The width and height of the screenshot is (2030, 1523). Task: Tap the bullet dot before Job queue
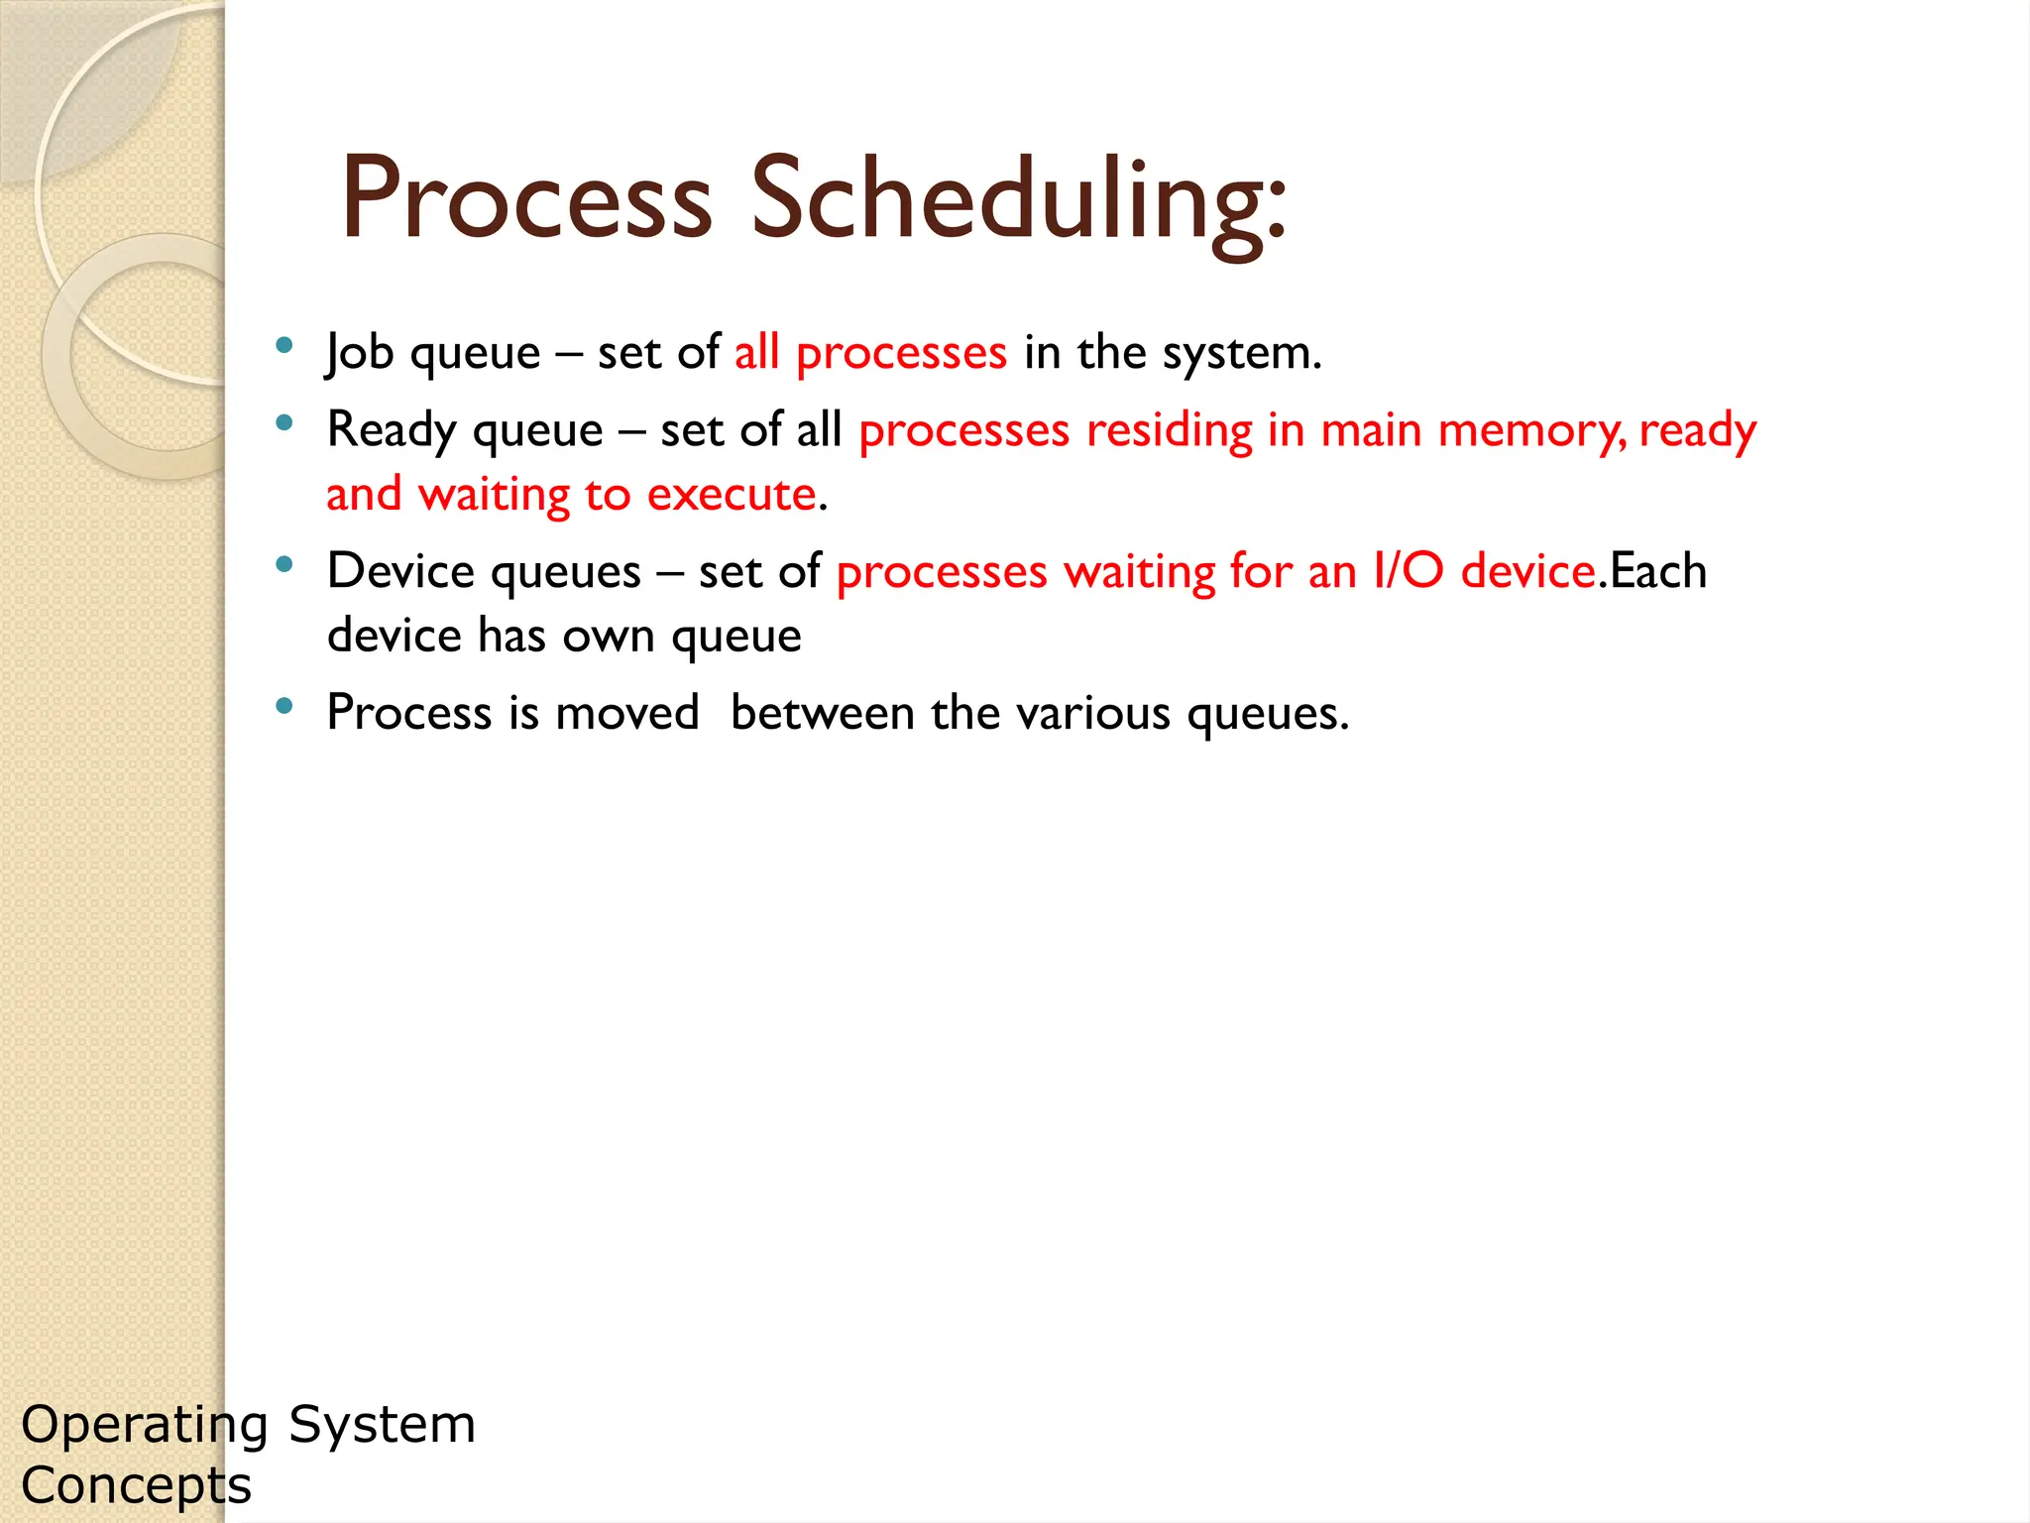click(x=284, y=346)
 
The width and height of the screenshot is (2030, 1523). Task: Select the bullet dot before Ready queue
click(x=284, y=423)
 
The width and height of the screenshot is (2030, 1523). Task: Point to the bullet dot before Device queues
click(x=284, y=565)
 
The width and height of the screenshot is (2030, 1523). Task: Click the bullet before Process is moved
click(x=284, y=706)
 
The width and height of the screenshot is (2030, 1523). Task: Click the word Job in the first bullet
click(x=361, y=353)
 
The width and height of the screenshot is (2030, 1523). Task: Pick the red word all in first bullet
click(x=756, y=353)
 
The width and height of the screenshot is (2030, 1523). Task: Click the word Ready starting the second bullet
click(x=391, y=431)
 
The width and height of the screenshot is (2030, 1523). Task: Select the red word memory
click(x=1528, y=431)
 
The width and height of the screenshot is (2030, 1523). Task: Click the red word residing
click(x=1170, y=431)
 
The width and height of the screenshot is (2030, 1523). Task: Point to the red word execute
click(x=732, y=495)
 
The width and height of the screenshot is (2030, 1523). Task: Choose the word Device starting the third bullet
click(x=400, y=572)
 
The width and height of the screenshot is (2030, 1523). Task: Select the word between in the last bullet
click(x=822, y=714)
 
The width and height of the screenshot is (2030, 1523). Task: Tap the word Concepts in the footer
click(x=137, y=1486)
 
